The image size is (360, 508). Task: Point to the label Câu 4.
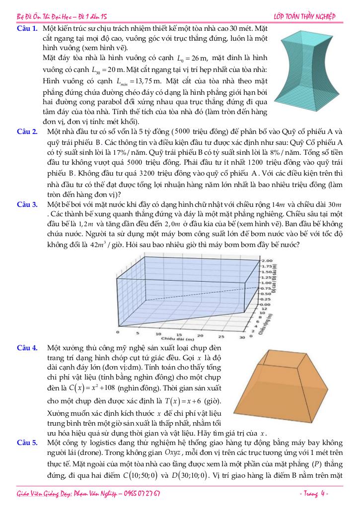pyautogui.click(x=28, y=348)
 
